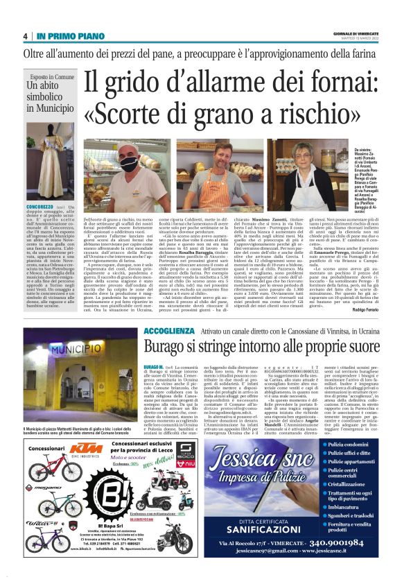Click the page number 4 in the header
[24, 36]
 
